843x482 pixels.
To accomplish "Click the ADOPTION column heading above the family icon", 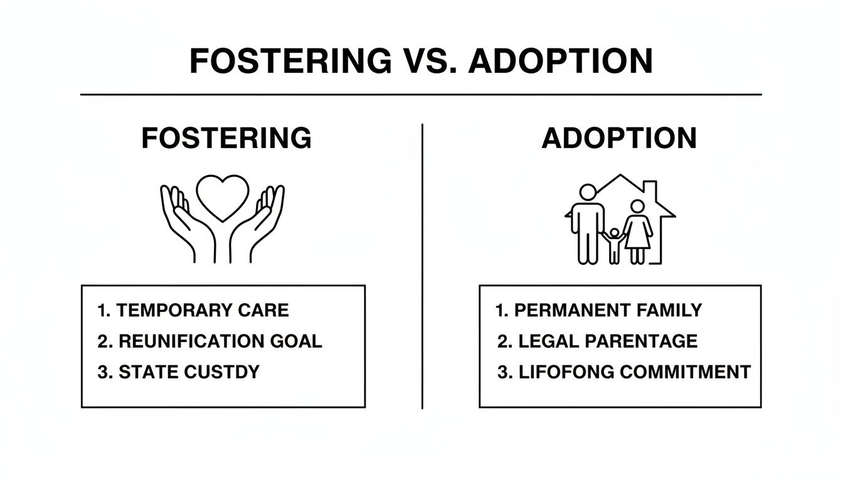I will click(x=619, y=138).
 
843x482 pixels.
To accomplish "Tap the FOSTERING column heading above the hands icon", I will click(x=226, y=138).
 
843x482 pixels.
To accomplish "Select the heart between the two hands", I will click(x=222, y=196).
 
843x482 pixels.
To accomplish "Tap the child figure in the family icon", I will click(x=614, y=245).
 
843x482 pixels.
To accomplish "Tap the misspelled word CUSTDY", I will click(x=223, y=372).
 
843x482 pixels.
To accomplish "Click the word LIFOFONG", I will click(x=567, y=372).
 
